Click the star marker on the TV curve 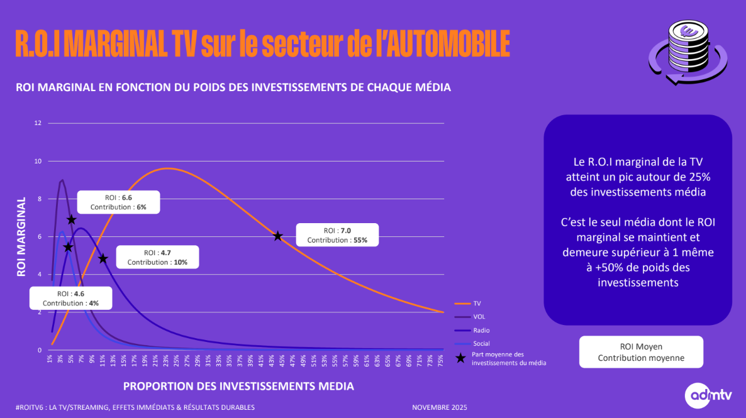pyautogui.click(x=277, y=236)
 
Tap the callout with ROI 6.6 pyautogui.click(x=118, y=202)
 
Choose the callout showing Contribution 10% pyautogui.click(x=157, y=257)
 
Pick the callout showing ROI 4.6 pyautogui.click(x=70, y=299)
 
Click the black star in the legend pyautogui.click(x=461, y=358)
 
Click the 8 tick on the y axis pyautogui.click(x=39, y=199)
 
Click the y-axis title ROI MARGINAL pyautogui.click(x=21, y=236)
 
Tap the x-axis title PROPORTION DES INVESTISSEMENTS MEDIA pyautogui.click(x=238, y=385)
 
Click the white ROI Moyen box pyautogui.click(x=640, y=352)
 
